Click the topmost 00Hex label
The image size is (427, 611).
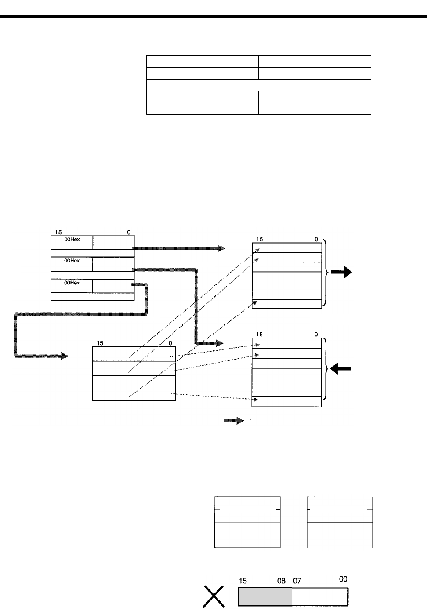(x=72, y=239)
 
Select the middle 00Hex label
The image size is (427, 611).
(x=72, y=261)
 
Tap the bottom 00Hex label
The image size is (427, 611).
(x=72, y=283)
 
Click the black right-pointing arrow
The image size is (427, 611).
(x=341, y=273)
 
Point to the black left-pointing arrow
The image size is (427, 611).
(x=341, y=370)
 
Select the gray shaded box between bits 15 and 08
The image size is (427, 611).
(x=265, y=597)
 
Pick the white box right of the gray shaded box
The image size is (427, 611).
(x=320, y=597)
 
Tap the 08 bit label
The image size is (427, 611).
(x=281, y=581)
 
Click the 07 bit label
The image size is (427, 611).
(x=297, y=581)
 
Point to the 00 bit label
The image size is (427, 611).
(x=344, y=579)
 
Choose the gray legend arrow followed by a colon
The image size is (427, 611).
(x=234, y=421)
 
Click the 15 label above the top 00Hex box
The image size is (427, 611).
(x=57, y=232)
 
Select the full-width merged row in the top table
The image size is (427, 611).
(x=258, y=85)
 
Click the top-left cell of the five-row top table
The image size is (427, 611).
(x=202, y=61)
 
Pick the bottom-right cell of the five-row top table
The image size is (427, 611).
(x=315, y=109)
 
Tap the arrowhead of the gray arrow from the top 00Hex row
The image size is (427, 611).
(x=222, y=249)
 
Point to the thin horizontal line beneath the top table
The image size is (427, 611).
(x=231, y=132)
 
